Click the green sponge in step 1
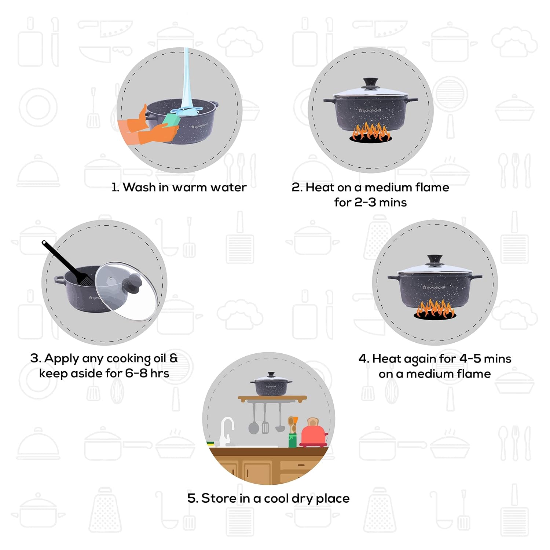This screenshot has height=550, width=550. pyautogui.click(x=169, y=120)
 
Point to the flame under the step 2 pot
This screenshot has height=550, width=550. pyautogui.click(x=370, y=133)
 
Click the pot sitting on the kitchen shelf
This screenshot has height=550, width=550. pyautogui.click(x=271, y=385)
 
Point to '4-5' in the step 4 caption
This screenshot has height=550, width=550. pyautogui.click(x=470, y=358)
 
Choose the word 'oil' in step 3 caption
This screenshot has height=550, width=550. pyautogui.click(x=160, y=358)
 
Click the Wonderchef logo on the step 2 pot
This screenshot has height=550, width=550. pyautogui.click(x=370, y=110)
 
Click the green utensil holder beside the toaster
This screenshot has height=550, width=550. pyautogui.click(x=292, y=440)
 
